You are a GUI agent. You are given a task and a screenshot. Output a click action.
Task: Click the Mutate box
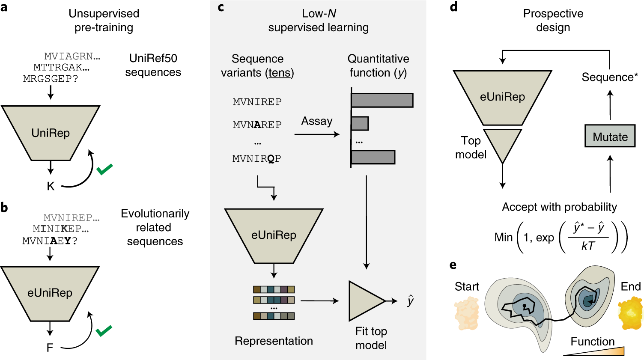point(610,137)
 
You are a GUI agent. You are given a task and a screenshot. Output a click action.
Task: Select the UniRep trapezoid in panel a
point(51,133)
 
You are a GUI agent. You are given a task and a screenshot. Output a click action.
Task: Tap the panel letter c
point(221,7)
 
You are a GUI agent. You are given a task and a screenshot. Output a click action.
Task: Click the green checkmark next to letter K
point(104,169)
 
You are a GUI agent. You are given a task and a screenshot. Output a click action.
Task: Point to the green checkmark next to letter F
point(104,330)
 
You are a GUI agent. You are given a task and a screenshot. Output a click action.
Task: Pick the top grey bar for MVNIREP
point(382,100)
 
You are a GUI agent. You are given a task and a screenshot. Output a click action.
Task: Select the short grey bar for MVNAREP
point(360,123)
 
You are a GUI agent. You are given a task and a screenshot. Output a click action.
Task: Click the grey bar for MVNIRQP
point(373,157)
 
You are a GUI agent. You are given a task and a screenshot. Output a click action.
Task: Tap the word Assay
point(316,121)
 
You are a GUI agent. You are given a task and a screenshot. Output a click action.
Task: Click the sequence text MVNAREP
point(257,125)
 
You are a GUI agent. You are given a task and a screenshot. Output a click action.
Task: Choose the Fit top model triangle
point(365,301)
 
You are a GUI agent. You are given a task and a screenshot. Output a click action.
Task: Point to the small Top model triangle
point(502,144)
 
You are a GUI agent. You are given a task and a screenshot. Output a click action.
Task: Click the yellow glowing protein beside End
point(630,313)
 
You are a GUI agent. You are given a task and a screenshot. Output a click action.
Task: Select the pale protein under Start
point(467,313)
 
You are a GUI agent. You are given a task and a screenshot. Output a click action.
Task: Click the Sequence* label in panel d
point(609,77)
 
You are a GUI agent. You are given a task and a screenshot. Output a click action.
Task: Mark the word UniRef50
point(153,58)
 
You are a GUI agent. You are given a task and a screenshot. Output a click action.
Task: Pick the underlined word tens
point(280,73)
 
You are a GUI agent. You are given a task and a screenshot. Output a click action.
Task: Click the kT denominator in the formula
point(588,246)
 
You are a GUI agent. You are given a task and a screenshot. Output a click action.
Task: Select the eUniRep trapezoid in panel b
point(50,293)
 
